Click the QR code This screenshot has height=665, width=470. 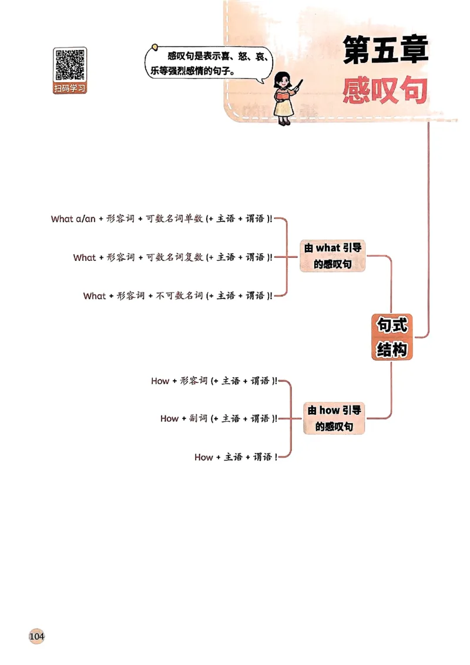coord(70,65)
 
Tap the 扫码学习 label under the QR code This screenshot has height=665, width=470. coord(70,89)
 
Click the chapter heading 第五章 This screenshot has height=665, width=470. coord(385,51)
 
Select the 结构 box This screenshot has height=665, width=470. coord(392,350)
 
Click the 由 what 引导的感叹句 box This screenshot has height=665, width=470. coord(333,256)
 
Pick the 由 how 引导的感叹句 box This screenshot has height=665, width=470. coord(334,418)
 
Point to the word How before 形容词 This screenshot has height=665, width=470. coord(160,381)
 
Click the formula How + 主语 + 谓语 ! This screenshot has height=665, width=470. coord(236,457)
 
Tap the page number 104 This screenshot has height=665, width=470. coord(36,636)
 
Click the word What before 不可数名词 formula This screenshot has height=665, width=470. coord(95,296)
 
